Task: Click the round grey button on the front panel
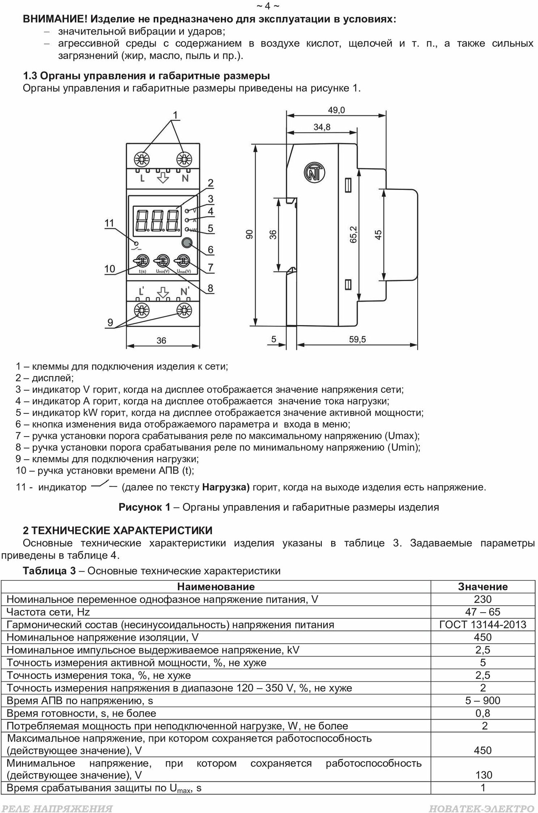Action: click(x=187, y=243)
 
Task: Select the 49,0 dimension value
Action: click(x=336, y=110)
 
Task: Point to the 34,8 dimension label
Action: click(x=322, y=127)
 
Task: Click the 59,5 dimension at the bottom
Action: click(x=357, y=339)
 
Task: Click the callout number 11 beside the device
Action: click(x=109, y=223)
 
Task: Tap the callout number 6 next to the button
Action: click(x=210, y=249)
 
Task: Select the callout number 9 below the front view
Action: click(x=110, y=323)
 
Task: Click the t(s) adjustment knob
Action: click(x=142, y=261)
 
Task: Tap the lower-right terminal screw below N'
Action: click(x=184, y=311)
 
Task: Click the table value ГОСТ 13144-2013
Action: click(x=483, y=624)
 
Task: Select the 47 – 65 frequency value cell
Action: click(x=483, y=612)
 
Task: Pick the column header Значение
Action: click(x=483, y=587)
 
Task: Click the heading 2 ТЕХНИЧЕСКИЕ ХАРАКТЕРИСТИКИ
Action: click(x=118, y=530)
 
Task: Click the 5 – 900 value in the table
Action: click(x=483, y=700)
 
